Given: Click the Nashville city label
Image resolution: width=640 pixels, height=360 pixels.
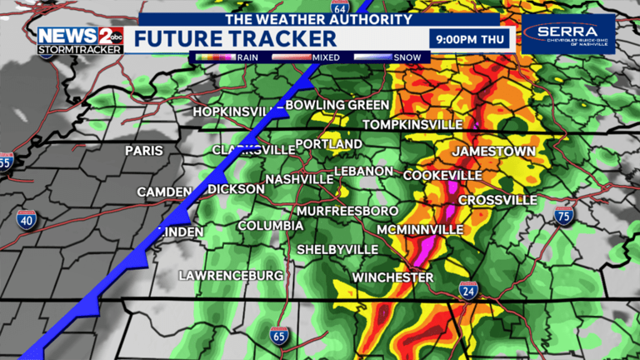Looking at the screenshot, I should (299, 179).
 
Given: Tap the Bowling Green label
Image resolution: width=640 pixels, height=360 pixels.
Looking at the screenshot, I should (337, 105).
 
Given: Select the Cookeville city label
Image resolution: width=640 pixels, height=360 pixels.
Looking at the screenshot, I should (442, 176).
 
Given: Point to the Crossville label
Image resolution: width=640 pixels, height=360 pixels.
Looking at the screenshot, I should (497, 200).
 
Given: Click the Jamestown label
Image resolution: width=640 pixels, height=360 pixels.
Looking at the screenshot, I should (493, 151).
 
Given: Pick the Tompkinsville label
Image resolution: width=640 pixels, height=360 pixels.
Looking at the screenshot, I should (412, 124).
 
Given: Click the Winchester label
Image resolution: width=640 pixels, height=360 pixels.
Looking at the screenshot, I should (392, 277).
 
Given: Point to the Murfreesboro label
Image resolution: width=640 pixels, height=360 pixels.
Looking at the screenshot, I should (347, 211).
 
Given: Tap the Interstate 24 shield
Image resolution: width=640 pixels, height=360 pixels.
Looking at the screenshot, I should (467, 289).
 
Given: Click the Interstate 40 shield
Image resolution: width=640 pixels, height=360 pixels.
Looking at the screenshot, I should (26, 219).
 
